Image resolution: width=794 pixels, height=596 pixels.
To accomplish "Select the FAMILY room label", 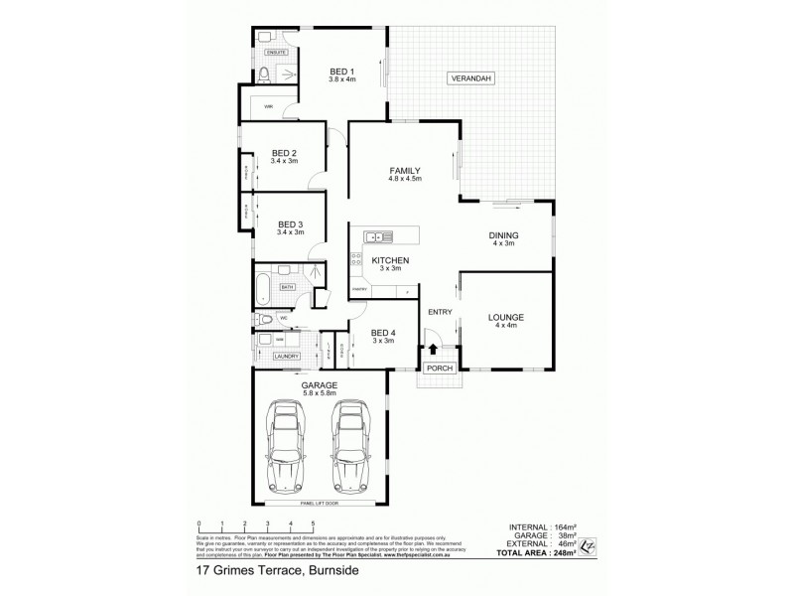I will pyautogui.click(x=405, y=171).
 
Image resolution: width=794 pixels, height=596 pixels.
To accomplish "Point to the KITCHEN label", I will pyautogui.click(x=390, y=260).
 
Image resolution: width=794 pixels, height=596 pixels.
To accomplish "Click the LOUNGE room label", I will pyautogui.click(x=506, y=317).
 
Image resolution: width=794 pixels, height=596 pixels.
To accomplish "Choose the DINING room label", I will pyautogui.click(x=504, y=235).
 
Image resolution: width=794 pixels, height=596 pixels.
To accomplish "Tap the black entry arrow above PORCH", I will pyautogui.click(x=436, y=350).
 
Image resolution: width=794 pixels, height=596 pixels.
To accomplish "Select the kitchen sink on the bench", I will pyautogui.click(x=375, y=236).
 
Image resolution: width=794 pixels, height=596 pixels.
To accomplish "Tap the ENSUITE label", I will pyautogui.click(x=275, y=51).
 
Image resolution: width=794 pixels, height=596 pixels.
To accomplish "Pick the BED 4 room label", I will pyautogui.click(x=382, y=333).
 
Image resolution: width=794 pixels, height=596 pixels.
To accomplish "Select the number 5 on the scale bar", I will pyautogui.click(x=313, y=523).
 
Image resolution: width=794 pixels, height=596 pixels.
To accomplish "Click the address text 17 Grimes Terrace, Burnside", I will pyautogui.click(x=256, y=572).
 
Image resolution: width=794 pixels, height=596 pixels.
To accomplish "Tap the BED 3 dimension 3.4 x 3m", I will pyautogui.click(x=291, y=231).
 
